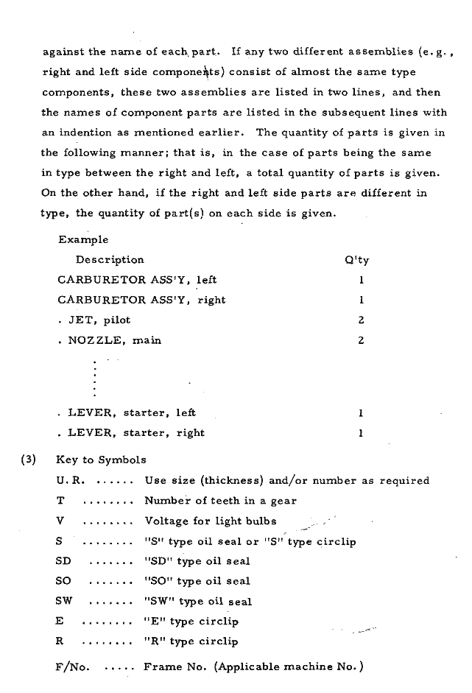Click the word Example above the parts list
coord(82,239)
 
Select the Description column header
coord(110,259)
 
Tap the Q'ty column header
coord(356,259)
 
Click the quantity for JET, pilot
coord(362,320)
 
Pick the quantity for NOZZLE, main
coord(362,340)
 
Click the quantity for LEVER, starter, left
coord(361,413)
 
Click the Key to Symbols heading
coord(101,460)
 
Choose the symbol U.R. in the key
coord(71,481)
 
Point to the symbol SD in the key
coord(63,561)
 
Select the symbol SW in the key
coord(63,601)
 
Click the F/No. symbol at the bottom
coord(72,667)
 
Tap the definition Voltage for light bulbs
coord(211,521)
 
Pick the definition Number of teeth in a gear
coord(220,501)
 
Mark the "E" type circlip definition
coord(191,622)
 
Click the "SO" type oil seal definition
coord(197,581)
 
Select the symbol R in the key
coord(59,641)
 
